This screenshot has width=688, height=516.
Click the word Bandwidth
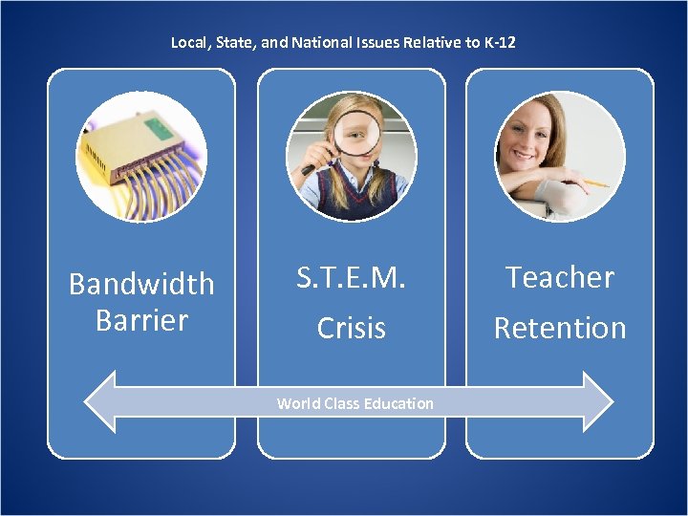141,284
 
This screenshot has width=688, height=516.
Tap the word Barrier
141,320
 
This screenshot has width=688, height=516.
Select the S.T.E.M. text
352,278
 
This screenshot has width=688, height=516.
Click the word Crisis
352,328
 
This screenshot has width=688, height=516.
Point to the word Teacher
559,277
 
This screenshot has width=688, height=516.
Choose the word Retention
559,328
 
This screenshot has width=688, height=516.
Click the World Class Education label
355,403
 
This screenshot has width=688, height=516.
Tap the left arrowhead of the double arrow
100,402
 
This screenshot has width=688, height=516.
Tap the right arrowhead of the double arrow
597,402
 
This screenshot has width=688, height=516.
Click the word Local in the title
188,43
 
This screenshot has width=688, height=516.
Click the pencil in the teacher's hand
592,182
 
